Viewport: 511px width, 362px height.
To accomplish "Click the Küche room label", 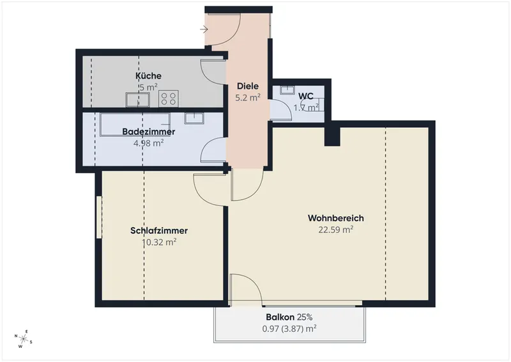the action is [x=148, y=75].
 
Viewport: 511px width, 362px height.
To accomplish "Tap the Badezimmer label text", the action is [x=149, y=132].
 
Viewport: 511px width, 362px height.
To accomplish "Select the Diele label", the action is [x=248, y=86].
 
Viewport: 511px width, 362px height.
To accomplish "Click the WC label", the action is [x=306, y=97].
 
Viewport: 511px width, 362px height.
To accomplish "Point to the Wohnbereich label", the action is [x=336, y=217].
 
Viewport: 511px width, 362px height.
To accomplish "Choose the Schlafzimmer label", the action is [x=159, y=230].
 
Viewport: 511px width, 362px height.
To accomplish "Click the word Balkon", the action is [x=280, y=317].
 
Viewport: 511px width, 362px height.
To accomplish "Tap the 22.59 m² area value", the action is [x=336, y=230].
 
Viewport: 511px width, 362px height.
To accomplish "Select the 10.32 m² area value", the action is [x=159, y=242].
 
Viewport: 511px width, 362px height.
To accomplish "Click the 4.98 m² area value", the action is [x=149, y=143].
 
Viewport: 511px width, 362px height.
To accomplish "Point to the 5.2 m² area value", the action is [x=248, y=98].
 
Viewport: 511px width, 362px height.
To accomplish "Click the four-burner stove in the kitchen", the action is [x=169, y=98].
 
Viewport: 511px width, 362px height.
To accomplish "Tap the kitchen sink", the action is [x=138, y=100].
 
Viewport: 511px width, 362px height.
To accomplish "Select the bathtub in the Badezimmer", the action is [x=135, y=125].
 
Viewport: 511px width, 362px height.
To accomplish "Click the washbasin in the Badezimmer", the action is [x=194, y=118].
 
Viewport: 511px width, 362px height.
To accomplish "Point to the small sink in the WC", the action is [x=287, y=90].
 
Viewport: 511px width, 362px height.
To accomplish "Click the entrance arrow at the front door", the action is [x=204, y=29].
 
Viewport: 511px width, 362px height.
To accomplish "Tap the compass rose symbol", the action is [x=23, y=338].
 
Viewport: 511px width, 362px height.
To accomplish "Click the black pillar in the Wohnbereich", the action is [x=332, y=136].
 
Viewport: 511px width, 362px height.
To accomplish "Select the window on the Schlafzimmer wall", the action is [x=99, y=217].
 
